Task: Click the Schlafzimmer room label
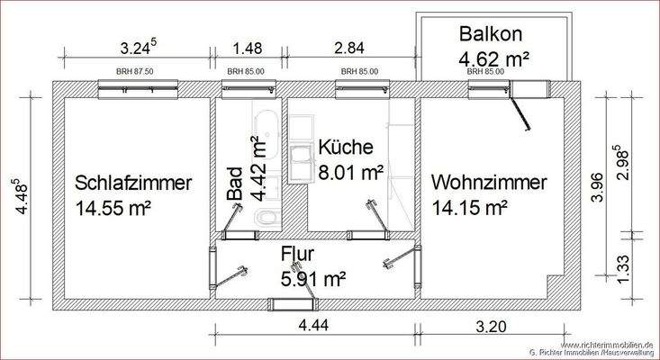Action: [x=133, y=184]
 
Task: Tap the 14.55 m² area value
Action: [x=113, y=208]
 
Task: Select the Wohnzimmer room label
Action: [x=489, y=184]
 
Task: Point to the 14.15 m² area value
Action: [x=468, y=208]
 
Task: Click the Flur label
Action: [x=298, y=255]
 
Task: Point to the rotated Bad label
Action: [x=234, y=183]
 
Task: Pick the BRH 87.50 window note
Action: [x=134, y=70]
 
